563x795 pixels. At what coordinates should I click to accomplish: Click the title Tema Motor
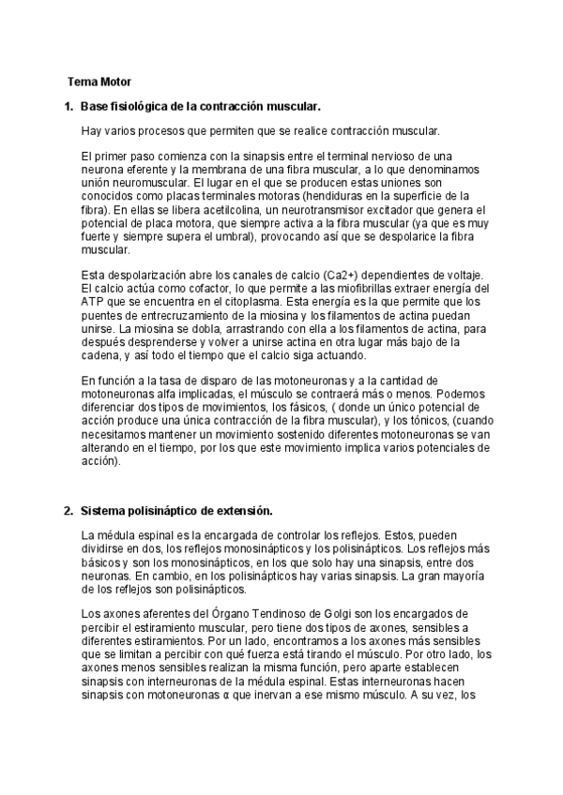[x=99, y=82]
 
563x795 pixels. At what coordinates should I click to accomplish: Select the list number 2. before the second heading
[x=68, y=511]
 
